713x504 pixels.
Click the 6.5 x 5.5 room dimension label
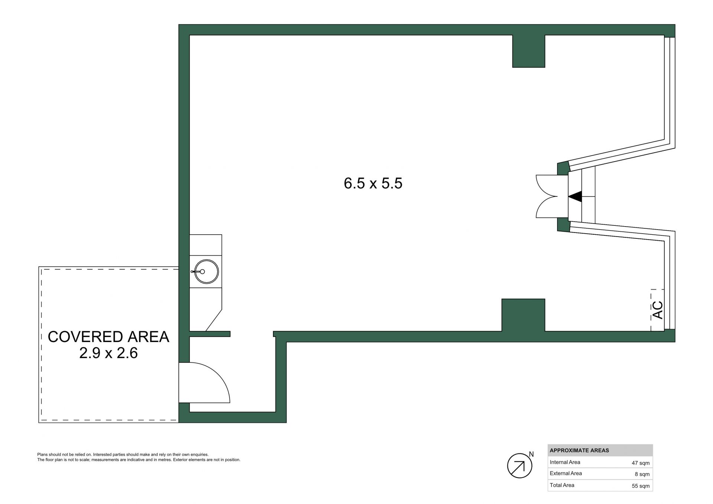373,183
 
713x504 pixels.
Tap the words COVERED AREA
108,337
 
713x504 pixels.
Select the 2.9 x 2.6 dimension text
108,353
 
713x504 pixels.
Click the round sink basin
206,272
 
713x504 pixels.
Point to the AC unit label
658,310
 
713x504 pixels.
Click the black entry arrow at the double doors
575,196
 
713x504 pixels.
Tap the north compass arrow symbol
520,466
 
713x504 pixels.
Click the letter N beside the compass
531,455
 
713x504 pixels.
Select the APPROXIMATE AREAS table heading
579,451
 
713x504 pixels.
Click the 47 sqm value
641,463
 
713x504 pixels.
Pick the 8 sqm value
642,474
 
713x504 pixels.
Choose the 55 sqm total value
641,486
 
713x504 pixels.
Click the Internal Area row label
565,462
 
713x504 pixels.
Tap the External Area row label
566,474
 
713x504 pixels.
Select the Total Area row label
562,485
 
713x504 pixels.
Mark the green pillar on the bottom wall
523,315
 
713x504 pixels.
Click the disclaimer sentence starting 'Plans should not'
123,455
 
